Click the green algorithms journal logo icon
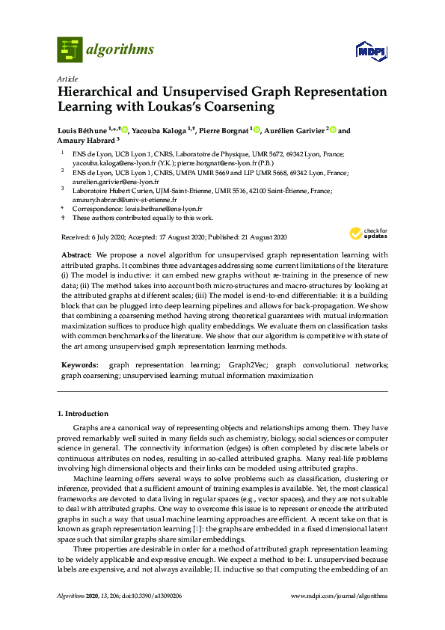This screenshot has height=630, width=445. coord(70,49)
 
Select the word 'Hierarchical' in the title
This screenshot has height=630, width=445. coord(99,92)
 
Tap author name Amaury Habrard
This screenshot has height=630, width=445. coord(82,140)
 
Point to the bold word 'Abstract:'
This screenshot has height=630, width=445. coord(76,254)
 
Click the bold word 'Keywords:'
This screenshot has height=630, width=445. coord(79,364)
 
